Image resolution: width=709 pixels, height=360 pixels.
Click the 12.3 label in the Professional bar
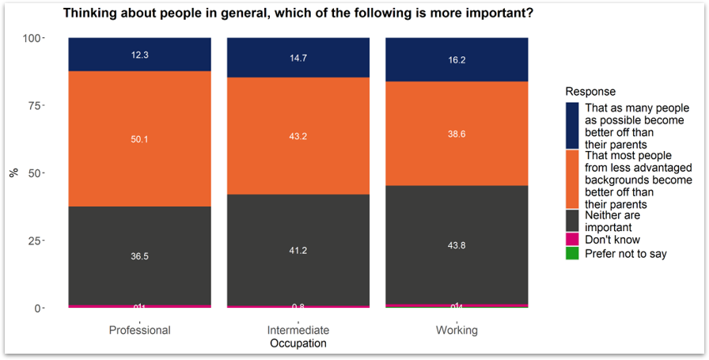(x=139, y=55)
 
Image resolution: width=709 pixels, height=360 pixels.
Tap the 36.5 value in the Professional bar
(x=139, y=256)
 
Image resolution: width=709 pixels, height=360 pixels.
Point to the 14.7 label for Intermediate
(x=298, y=58)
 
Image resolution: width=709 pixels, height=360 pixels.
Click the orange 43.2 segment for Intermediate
(x=298, y=135)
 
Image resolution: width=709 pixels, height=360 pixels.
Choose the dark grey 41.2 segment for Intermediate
(x=298, y=250)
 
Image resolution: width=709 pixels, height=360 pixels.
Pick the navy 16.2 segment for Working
(x=457, y=59)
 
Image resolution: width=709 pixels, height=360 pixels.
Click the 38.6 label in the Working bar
(x=457, y=135)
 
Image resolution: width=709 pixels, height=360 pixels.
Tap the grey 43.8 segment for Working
(x=457, y=245)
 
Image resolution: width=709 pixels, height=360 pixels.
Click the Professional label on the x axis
(x=139, y=330)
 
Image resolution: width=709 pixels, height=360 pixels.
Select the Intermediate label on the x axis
(x=298, y=330)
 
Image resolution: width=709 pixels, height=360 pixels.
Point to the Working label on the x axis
(x=457, y=330)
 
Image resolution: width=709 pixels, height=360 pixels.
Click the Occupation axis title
(x=298, y=343)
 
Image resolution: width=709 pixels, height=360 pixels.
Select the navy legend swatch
(x=572, y=125)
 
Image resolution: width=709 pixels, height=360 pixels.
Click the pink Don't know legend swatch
(x=572, y=239)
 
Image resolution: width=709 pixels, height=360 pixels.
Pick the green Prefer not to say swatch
(x=572, y=253)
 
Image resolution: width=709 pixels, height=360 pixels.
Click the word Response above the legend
(x=590, y=92)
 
